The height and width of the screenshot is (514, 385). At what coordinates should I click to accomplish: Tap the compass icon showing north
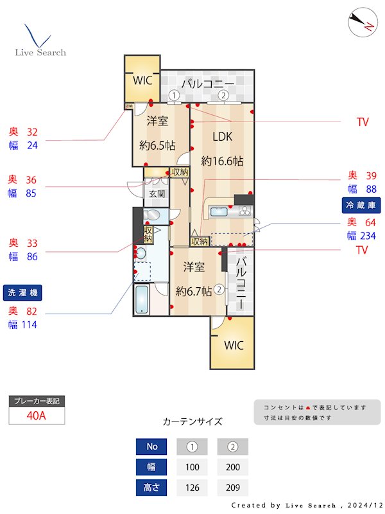(361, 23)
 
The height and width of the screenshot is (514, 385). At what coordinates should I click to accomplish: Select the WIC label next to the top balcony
(142, 81)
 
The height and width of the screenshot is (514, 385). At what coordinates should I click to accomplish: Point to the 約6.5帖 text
(157, 145)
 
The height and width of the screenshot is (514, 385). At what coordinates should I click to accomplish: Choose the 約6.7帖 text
(194, 290)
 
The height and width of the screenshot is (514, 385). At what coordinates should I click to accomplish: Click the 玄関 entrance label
(157, 193)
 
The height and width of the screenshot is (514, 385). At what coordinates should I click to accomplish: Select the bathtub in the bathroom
(142, 299)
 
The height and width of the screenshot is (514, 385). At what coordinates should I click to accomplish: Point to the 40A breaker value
(37, 416)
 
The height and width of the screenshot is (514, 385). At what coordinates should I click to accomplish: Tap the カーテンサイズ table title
(193, 422)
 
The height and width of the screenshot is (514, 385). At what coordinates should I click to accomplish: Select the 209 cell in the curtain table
(232, 488)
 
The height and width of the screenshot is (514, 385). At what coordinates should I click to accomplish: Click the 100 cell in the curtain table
(192, 467)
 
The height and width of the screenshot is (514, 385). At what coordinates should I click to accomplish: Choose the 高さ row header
(151, 488)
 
